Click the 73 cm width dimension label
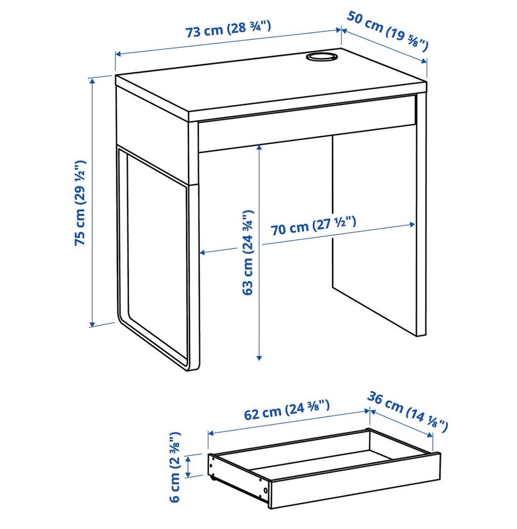(228, 29)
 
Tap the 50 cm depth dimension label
(388, 31)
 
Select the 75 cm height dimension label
(80, 203)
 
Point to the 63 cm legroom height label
(248, 253)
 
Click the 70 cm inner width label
(313, 226)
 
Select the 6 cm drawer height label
(175, 467)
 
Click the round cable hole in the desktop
(322, 57)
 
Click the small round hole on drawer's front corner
(266, 490)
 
